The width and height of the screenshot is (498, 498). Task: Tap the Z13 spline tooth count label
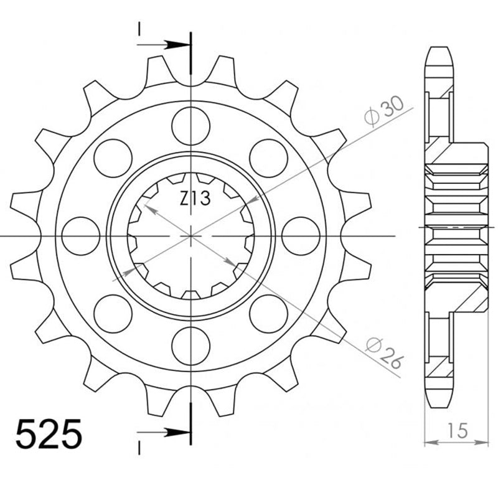point(195,199)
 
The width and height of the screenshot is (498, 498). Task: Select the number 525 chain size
point(49,435)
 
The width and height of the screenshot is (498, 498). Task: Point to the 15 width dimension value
point(457,429)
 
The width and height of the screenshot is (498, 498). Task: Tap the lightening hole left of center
point(81,236)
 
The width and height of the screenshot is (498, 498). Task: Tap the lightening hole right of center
point(301,236)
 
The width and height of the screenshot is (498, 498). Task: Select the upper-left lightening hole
point(113,157)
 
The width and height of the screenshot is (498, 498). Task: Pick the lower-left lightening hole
point(113,314)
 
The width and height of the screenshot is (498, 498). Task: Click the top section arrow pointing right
point(166,45)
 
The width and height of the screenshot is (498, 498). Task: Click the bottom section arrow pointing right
point(166,431)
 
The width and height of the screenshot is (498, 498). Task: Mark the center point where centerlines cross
point(190,237)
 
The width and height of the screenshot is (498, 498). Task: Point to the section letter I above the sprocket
point(139,29)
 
